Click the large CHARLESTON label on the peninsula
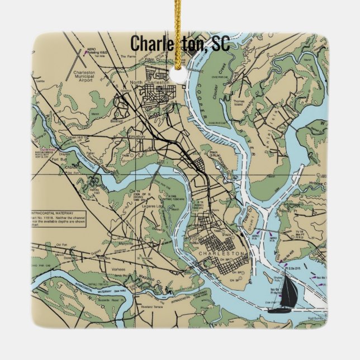[222, 254]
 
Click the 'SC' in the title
[220, 44]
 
